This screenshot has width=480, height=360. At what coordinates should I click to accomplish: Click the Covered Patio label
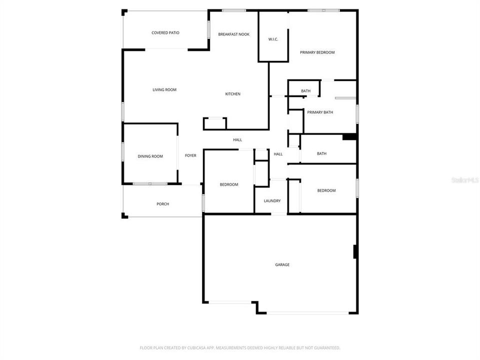(x=165, y=33)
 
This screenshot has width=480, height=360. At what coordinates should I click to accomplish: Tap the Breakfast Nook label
(x=233, y=34)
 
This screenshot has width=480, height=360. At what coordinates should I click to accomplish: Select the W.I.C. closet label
(x=273, y=39)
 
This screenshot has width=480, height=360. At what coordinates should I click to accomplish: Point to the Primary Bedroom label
(x=317, y=52)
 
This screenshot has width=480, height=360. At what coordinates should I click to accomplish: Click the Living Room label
(x=164, y=90)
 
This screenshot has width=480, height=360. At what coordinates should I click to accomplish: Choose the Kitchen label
(x=232, y=94)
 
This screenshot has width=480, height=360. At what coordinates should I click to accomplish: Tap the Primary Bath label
(x=320, y=112)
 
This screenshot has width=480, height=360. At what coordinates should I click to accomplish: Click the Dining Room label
(x=150, y=156)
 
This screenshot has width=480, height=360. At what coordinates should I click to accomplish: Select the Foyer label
(x=190, y=155)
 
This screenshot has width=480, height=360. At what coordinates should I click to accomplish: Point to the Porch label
(x=162, y=204)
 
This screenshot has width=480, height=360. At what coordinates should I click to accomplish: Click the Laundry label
(x=272, y=201)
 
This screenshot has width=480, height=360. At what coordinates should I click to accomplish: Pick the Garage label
(x=282, y=265)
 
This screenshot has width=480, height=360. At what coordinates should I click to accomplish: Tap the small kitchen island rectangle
(x=215, y=123)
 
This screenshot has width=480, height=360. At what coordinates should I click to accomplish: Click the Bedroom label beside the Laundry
(x=229, y=184)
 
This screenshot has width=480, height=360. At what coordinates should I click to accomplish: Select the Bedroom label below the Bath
(x=326, y=190)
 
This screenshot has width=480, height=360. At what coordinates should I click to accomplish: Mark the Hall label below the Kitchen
(x=237, y=140)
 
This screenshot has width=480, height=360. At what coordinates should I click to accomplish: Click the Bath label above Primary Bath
(x=305, y=91)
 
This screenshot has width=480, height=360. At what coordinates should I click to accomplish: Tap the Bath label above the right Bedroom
(x=321, y=153)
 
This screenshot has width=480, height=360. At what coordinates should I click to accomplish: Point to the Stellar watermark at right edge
(x=465, y=179)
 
